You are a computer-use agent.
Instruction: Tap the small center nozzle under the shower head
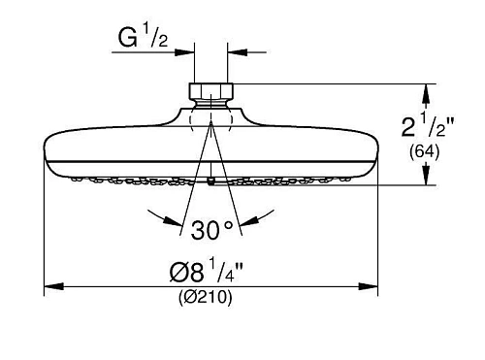(210, 180)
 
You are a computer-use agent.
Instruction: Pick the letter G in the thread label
(126, 40)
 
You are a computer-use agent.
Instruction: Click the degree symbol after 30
(229, 224)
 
